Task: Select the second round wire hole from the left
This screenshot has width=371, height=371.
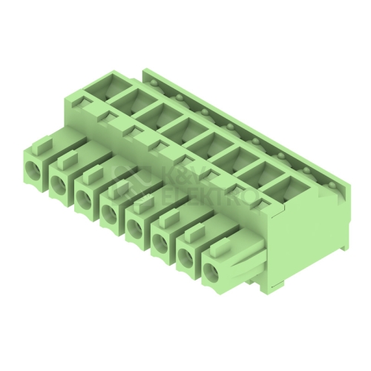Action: click(59, 183)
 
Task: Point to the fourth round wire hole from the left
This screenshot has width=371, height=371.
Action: click(110, 212)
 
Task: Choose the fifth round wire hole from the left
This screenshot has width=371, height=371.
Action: click(135, 227)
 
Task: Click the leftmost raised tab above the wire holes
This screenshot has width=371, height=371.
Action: click(43, 144)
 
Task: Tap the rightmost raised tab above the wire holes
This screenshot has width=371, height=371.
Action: click(220, 246)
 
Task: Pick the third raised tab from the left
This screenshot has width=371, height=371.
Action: click(93, 173)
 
